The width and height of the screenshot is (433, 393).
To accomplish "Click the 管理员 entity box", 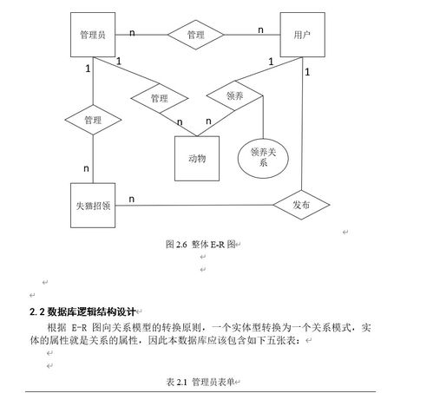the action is coord(93,35).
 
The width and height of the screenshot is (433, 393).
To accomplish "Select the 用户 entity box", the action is coord(303,35).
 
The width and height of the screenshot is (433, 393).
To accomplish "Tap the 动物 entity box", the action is coord(197,159).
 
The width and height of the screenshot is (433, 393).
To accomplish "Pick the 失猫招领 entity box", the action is coord(93,206).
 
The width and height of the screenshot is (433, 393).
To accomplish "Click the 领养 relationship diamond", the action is coord(234,95).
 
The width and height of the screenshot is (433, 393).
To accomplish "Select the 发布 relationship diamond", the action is coord(301,205).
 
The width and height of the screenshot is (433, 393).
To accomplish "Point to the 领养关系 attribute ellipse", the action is coord(263,158).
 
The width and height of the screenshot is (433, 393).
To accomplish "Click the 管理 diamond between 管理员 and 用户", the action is coord(196,35).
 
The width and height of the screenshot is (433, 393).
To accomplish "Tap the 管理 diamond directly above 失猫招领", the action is coord(93,120).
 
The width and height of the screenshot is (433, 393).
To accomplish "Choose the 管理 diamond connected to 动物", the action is coord(160,98).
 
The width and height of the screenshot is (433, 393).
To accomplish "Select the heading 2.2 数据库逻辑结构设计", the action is coord(82,311).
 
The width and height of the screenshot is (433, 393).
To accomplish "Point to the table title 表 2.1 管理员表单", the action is coord(200,382).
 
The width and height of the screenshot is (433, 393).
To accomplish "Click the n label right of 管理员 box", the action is coord(132,33).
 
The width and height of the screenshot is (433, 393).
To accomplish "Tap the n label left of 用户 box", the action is coord(260,29).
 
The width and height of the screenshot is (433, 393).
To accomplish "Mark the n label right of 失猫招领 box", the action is coord(132,200).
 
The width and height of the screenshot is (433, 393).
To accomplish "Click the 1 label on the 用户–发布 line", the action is coord(307,72).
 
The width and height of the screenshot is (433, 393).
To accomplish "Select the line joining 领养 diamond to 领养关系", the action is coord(263,117).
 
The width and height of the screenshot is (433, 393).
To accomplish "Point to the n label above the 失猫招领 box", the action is coord(86,168).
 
